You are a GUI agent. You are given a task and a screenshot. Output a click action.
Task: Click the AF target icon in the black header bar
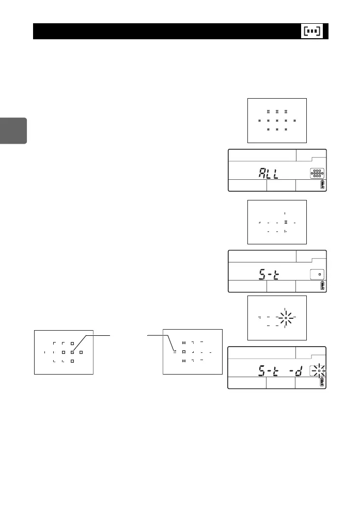point(311,31)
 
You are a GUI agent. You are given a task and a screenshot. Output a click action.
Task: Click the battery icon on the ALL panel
point(323,186)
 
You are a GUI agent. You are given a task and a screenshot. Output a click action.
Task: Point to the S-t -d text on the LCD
point(279,370)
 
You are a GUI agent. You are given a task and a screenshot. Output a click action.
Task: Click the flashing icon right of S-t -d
point(319,370)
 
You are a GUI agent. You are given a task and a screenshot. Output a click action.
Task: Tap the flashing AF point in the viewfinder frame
point(286,318)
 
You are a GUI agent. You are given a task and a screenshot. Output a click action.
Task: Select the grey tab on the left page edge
point(13,130)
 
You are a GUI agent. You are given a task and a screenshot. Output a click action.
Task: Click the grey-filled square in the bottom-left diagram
point(72,352)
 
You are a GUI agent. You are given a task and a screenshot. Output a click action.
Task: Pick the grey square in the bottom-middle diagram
point(175,352)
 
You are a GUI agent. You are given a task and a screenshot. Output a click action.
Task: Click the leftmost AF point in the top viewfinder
point(259,120)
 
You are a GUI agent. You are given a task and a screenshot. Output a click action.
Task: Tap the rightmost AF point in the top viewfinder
point(294,120)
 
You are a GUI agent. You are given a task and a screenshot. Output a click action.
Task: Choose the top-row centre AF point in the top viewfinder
point(277,112)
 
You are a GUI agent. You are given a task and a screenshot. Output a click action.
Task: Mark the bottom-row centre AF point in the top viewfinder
point(277,129)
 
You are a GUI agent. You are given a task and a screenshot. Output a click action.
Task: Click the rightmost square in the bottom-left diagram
point(81,352)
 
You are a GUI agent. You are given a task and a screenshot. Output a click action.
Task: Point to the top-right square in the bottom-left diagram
point(72,343)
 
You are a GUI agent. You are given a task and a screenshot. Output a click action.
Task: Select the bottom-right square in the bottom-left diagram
point(72,361)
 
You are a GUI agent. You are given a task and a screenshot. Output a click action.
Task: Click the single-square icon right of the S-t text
point(319,274)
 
